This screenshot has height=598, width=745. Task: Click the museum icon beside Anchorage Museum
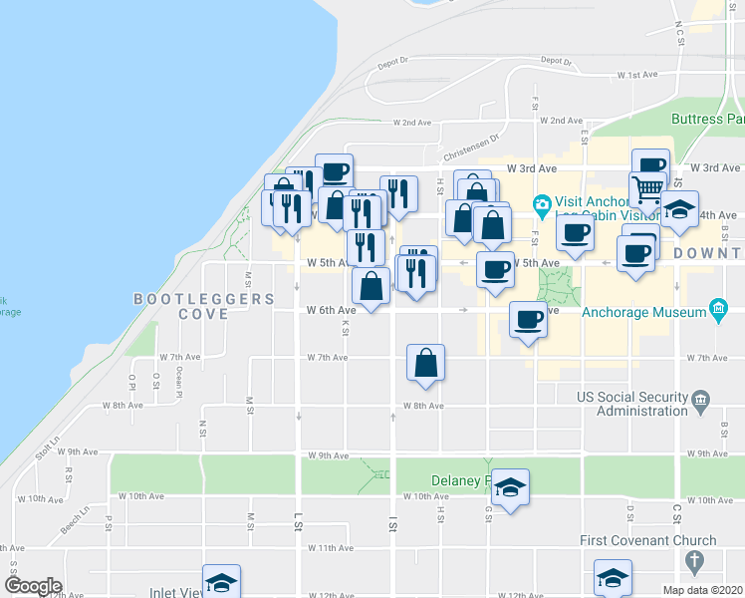coord(717,311)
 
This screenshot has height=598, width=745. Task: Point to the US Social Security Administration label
coord(633,404)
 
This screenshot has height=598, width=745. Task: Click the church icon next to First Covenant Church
coord(706,540)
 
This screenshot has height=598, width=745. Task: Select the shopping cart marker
coord(647,186)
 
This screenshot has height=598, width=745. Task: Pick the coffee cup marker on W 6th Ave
coord(528,320)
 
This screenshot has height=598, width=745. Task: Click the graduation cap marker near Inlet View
coord(221,582)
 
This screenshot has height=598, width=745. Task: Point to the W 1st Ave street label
coord(637,75)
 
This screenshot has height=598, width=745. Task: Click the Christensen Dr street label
coord(466,149)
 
